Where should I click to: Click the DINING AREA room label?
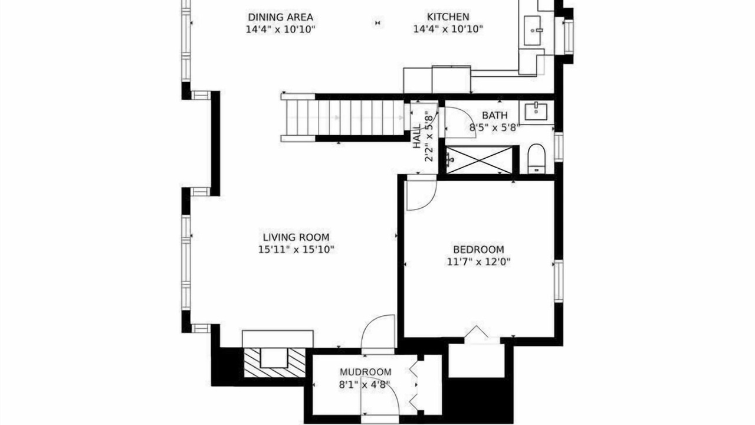(x=280, y=17)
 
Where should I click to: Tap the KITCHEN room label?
(x=448, y=17)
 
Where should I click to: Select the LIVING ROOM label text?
(x=296, y=237)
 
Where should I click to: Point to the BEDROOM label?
(x=478, y=250)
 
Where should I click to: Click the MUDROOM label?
(x=365, y=372)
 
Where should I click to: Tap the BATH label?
(x=495, y=115)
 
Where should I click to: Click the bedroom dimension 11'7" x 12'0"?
(x=478, y=261)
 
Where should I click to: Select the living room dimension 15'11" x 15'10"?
(x=296, y=250)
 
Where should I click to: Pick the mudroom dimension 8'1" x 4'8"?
(x=365, y=384)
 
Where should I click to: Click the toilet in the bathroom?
(x=536, y=159)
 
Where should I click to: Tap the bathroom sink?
(x=536, y=112)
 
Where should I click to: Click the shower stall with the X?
(x=480, y=160)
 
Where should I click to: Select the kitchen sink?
(x=532, y=30)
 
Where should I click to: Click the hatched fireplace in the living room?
(x=274, y=363)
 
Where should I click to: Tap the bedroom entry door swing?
(x=421, y=195)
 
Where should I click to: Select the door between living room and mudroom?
(x=378, y=334)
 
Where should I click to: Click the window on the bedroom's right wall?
(x=559, y=281)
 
